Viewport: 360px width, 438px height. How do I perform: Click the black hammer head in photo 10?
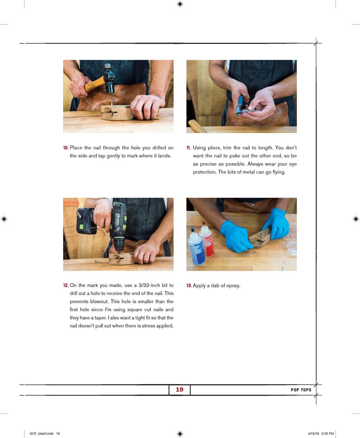109,79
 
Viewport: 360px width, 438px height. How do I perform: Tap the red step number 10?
66,148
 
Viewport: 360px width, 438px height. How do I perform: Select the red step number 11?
188,148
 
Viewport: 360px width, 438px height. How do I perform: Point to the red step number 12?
66,285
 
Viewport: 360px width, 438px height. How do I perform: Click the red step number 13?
189,286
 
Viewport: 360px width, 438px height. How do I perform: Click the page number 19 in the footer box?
180,389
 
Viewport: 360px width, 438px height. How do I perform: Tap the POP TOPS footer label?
301,390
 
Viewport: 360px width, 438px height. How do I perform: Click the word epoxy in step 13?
233,286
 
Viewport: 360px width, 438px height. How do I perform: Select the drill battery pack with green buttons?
86,221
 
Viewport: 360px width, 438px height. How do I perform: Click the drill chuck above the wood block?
119,246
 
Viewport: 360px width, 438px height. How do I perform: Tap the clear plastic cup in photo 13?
292,248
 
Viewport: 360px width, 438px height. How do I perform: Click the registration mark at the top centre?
180,4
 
